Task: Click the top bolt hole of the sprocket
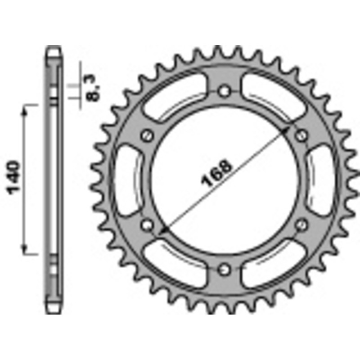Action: coord(224,91)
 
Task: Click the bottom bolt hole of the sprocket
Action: coord(224,269)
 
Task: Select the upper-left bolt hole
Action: coord(147,135)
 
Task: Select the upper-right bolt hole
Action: coord(301,135)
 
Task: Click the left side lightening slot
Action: coord(127,180)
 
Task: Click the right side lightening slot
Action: coord(321,180)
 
